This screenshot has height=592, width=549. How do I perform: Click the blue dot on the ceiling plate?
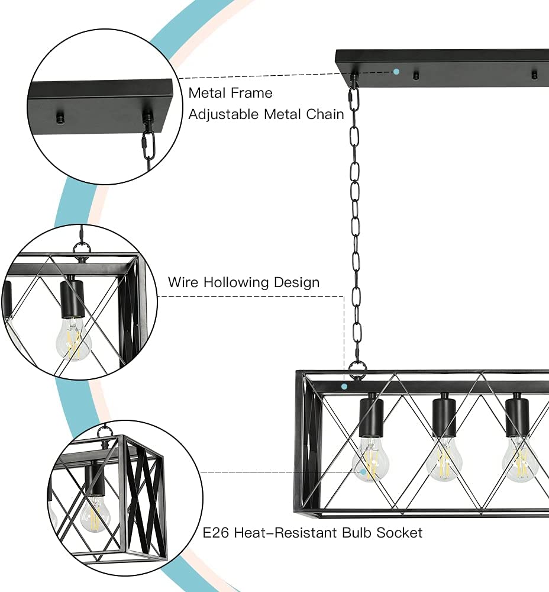click(x=396, y=72)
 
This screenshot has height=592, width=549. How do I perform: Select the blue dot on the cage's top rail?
click(x=344, y=385)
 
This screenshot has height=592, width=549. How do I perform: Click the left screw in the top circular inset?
click(x=59, y=118)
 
